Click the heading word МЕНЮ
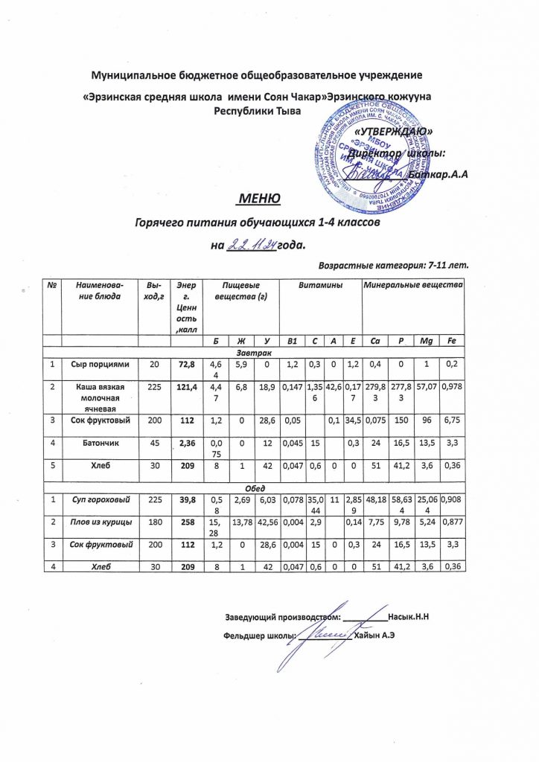(x=258, y=199)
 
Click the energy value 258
(x=182, y=545)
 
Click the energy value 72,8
(x=182, y=364)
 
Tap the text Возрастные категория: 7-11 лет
(x=397, y=264)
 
